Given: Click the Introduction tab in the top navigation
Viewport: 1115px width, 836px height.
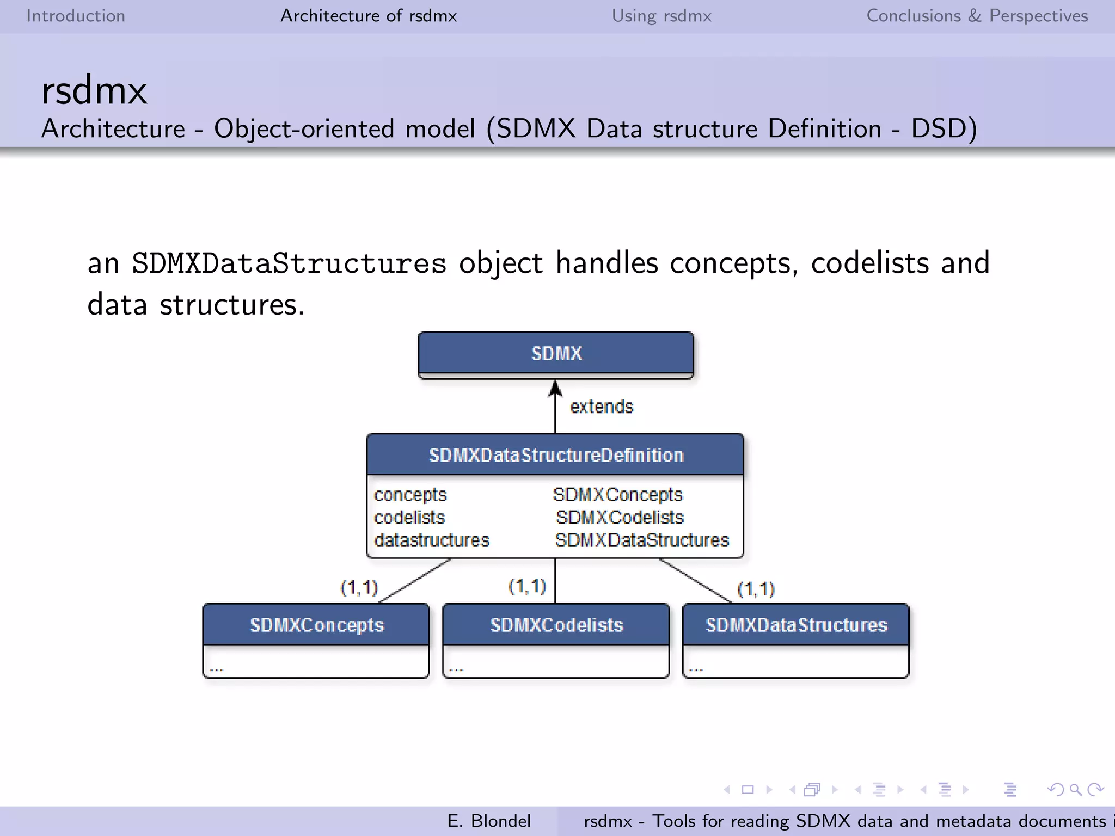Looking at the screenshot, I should coord(76,16).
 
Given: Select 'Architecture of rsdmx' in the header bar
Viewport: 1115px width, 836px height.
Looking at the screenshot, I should coord(369,16).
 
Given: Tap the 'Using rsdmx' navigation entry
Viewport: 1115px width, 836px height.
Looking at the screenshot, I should coord(661,16).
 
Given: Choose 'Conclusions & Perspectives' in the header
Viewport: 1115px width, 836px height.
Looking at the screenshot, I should coord(977,16).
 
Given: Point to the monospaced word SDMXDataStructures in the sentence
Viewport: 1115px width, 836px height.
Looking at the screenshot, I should coord(289,264).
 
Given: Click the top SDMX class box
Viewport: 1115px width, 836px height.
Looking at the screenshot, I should coord(556,353).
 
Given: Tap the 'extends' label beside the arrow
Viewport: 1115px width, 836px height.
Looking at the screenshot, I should coord(602,407).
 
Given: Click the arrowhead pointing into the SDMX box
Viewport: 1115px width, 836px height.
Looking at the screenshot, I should coord(555,388).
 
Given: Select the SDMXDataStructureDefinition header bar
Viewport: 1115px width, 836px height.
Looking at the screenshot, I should coord(555,455).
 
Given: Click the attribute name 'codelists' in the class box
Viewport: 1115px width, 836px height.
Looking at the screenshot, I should coord(409,518).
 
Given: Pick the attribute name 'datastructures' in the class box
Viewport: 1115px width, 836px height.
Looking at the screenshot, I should coord(432,540).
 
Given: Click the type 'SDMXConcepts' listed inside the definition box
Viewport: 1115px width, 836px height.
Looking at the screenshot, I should coord(617,495).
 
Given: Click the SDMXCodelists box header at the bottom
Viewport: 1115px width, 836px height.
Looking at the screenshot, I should coord(556,625).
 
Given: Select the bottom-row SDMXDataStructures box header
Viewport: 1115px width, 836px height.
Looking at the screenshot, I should coord(796,625).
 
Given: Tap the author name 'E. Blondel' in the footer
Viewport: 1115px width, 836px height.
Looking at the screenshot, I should coord(488,821).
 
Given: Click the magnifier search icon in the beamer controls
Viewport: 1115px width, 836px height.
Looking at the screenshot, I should coord(1075,790).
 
